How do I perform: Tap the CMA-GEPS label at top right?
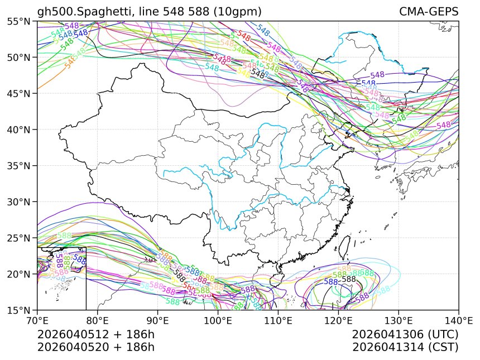click(x=429, y=12)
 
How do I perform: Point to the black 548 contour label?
click(x=258, y=73)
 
